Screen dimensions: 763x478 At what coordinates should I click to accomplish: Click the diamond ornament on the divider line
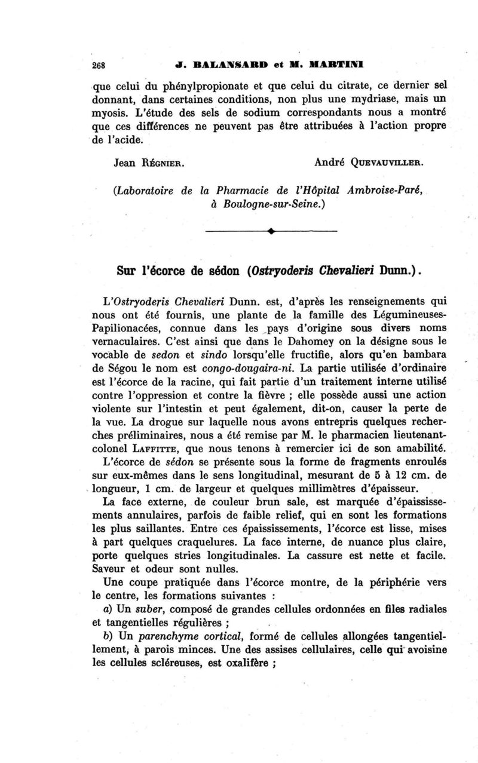pos(271,231)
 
